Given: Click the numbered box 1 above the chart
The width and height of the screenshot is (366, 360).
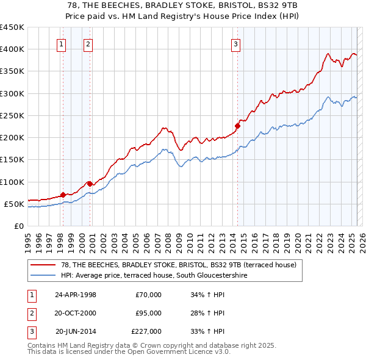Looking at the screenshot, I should tap(62, 43).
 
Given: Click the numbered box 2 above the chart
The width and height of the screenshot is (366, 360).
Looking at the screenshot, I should tap(88, 43).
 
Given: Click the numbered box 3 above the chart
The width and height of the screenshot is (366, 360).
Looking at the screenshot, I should tap(235, 43).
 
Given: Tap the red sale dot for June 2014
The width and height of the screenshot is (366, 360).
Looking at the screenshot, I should tap(237, 126).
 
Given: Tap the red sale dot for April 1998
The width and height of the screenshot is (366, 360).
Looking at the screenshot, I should tap(63, 195).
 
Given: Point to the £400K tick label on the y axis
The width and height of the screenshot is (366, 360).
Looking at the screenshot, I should tap(12, 49).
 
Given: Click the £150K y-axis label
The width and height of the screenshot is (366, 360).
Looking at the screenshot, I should tap(12, 160).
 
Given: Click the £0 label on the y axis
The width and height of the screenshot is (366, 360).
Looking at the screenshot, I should tap(18, 226).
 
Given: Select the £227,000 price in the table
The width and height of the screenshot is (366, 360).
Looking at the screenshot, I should tap(146, 331).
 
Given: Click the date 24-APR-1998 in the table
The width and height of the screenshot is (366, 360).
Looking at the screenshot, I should tap(76, 295).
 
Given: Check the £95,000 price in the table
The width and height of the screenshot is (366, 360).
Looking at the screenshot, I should tap(148, 313).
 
